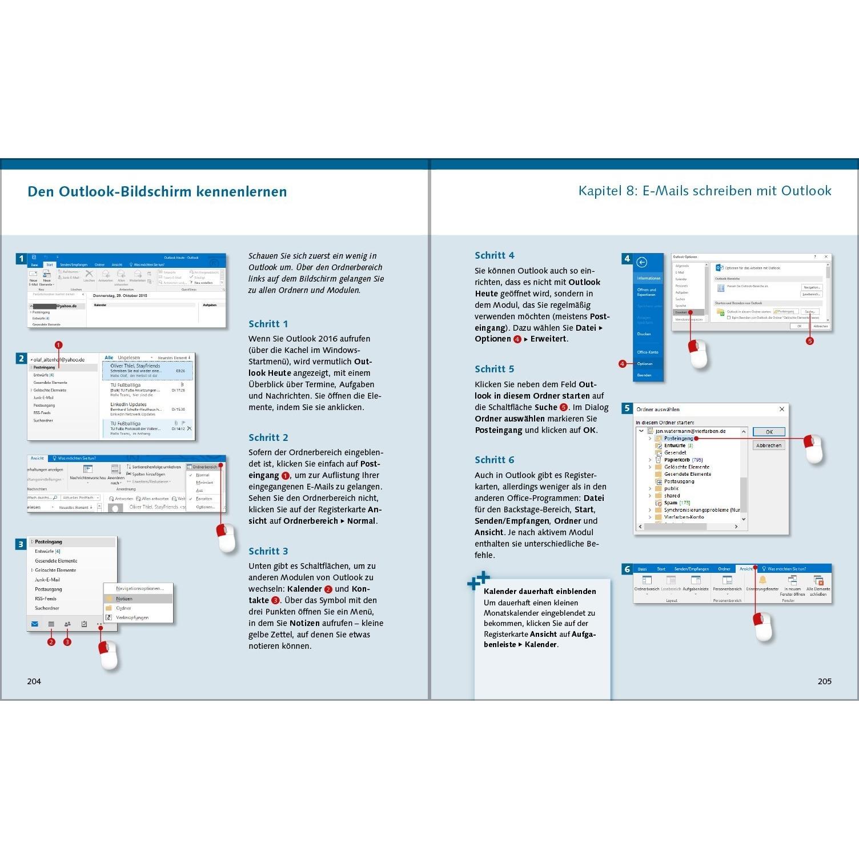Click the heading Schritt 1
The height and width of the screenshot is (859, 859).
(268, 324)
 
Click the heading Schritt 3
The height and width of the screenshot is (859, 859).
(268, 551)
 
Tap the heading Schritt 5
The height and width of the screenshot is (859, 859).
(494, 369)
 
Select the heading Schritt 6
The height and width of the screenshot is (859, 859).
(494, 460)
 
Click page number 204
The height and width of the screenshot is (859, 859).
(34, 681)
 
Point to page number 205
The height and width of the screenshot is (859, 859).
(824, 681)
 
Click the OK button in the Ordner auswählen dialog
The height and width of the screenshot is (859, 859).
(769, 432)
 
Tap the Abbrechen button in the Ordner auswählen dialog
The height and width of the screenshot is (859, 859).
(769, 445)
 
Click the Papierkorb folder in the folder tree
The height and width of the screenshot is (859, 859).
(676, 460)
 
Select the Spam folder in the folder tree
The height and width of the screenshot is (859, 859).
(671, 503)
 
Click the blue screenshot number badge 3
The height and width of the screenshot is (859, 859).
(21, 544)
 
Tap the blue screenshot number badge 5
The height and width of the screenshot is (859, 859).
(627, 408)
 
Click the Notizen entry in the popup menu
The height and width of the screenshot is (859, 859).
(124, 599)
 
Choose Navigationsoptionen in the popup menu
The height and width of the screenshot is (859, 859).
(139, 588)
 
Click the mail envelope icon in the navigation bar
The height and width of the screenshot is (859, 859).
(35, 624)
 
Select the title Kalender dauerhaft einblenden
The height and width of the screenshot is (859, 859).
(540, 592)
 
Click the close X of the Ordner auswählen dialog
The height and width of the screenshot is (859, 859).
(782, 409)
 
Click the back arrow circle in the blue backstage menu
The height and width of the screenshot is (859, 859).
(642, 262)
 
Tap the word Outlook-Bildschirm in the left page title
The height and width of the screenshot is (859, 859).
(118, 191)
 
